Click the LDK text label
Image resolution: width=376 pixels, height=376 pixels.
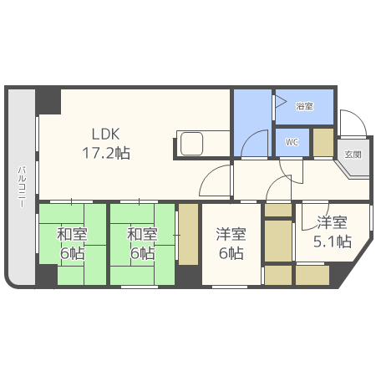[x=105, y=133]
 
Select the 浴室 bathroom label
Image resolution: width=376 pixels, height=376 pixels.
[x=304, y=106]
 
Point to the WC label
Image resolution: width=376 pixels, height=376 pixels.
[x=292, y=142]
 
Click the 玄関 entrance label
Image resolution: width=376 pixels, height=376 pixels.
[x=353, y=155]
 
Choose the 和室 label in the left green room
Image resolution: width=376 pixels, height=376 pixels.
[x=71, y=235]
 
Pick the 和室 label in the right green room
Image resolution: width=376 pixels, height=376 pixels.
[x=141, y=235]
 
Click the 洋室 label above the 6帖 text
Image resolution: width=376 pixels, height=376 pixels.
[x=231, y=235]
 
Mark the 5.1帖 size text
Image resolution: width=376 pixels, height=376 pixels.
[x=331, y=242]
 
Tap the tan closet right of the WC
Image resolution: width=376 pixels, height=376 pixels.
[x=323, y=142]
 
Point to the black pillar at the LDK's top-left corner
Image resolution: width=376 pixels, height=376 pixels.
[x=48, y=100]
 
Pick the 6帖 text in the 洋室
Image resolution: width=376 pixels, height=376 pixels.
[x=231, y=253]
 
